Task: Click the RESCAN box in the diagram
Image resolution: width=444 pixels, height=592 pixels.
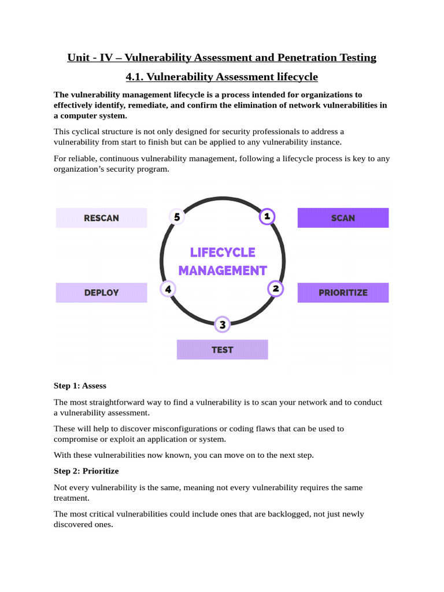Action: [101, 218]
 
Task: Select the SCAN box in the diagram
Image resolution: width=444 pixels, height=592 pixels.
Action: [343, 218]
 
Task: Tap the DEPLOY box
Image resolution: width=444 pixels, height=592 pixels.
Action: [101, 293]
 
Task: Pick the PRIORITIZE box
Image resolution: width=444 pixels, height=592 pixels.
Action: [343, 293]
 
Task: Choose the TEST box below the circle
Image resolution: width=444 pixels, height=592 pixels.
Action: [222, 350]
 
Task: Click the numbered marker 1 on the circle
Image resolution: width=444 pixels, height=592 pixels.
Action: [267, 217]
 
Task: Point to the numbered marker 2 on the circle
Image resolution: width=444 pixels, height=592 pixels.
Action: [276, 288]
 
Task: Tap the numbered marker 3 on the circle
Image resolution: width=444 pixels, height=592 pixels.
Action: [222, 325]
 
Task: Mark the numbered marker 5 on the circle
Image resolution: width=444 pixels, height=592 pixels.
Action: [177, 217]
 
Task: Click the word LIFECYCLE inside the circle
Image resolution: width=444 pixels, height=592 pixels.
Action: [223, 253]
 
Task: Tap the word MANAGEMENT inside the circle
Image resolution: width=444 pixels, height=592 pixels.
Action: [223, 271]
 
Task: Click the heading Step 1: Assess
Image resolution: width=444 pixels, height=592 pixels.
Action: [80, 386]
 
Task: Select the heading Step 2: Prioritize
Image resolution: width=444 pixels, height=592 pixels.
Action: [86, 471]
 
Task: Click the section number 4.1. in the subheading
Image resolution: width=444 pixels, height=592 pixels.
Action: [138, 77]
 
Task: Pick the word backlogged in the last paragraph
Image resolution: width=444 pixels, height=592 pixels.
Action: [289, 514]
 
